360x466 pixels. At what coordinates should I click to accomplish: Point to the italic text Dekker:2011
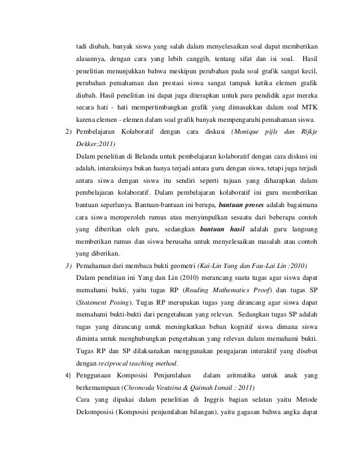[94, 144]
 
